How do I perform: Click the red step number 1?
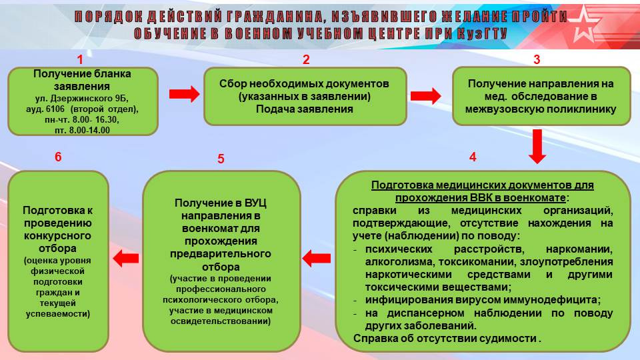point(80,59)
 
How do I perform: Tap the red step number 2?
point(306,59)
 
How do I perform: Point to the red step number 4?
point(473,157)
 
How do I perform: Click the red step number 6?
point(58,157)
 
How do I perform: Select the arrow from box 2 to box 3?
point(426,95)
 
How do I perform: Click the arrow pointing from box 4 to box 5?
point(317,258)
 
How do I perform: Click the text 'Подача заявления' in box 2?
point(305,109)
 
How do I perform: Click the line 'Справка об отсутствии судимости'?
point(445,339)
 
